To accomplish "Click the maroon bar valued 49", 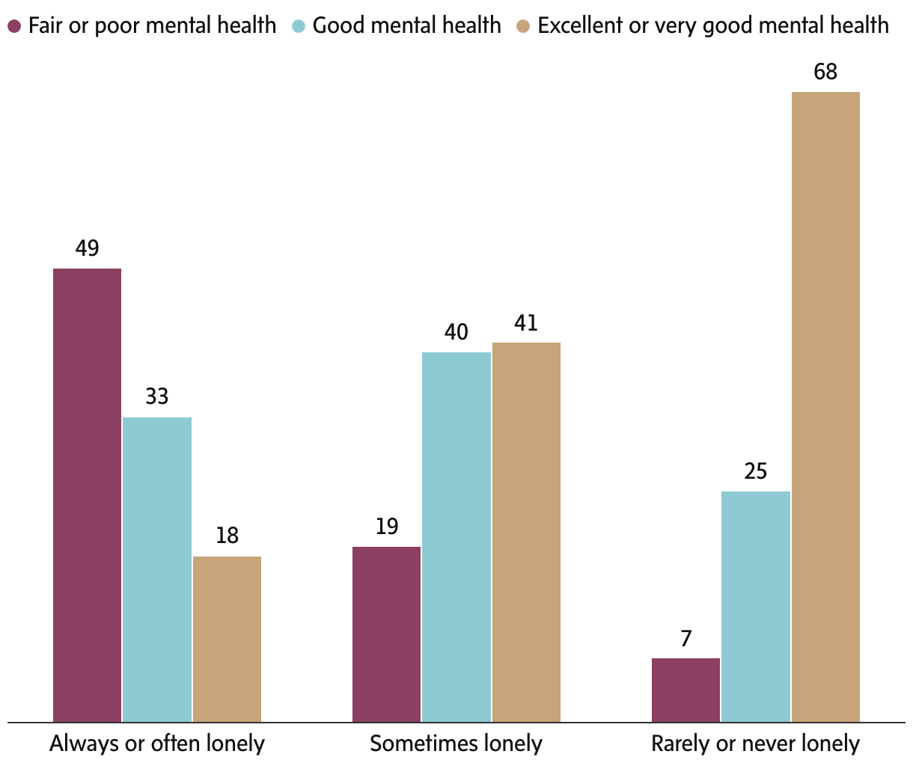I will coord(87,494).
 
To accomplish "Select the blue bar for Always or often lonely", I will coord(157,569).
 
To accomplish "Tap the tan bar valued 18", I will coord(227,639).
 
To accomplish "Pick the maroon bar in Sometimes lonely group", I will coord(386,634).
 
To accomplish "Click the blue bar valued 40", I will coord(456,536).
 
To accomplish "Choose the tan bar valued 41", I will coord(526,532).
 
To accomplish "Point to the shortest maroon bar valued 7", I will coord(685,690).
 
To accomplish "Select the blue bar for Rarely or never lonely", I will coord(756,606).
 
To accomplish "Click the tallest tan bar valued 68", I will coord(825,407).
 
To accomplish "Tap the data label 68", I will coord(825,73).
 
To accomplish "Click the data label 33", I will coord(157,396).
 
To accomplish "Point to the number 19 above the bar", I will coord(386,527).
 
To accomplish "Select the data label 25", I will coord(756,471).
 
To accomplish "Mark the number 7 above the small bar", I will coord(685,639).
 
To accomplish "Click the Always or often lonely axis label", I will coord(157,744).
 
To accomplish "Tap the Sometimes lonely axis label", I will coord(456,744).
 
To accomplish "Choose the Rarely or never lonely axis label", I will coord(756,744).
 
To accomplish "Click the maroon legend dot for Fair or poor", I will coord(14,26).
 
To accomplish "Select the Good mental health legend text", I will coord(406,25).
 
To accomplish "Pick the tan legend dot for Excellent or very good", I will coord(523,26).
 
